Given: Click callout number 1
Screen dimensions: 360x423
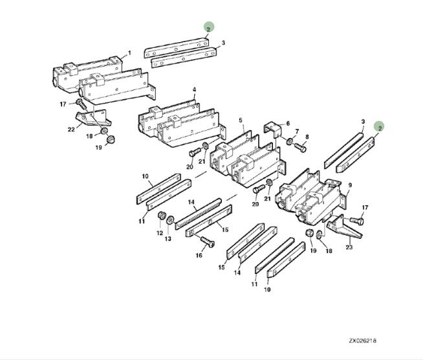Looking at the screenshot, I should pos(129,52).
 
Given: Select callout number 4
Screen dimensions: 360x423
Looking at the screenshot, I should pos(194,89).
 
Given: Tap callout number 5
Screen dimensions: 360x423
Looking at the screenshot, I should pos(240,120).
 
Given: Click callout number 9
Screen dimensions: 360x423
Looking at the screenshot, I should pos(350,185).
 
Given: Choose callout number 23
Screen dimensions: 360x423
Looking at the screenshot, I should pos(350,246).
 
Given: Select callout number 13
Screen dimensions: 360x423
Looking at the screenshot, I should pos(170,239).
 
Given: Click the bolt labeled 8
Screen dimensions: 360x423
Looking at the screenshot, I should pos(299,146).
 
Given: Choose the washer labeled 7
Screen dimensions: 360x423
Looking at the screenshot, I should pos(289,140).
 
